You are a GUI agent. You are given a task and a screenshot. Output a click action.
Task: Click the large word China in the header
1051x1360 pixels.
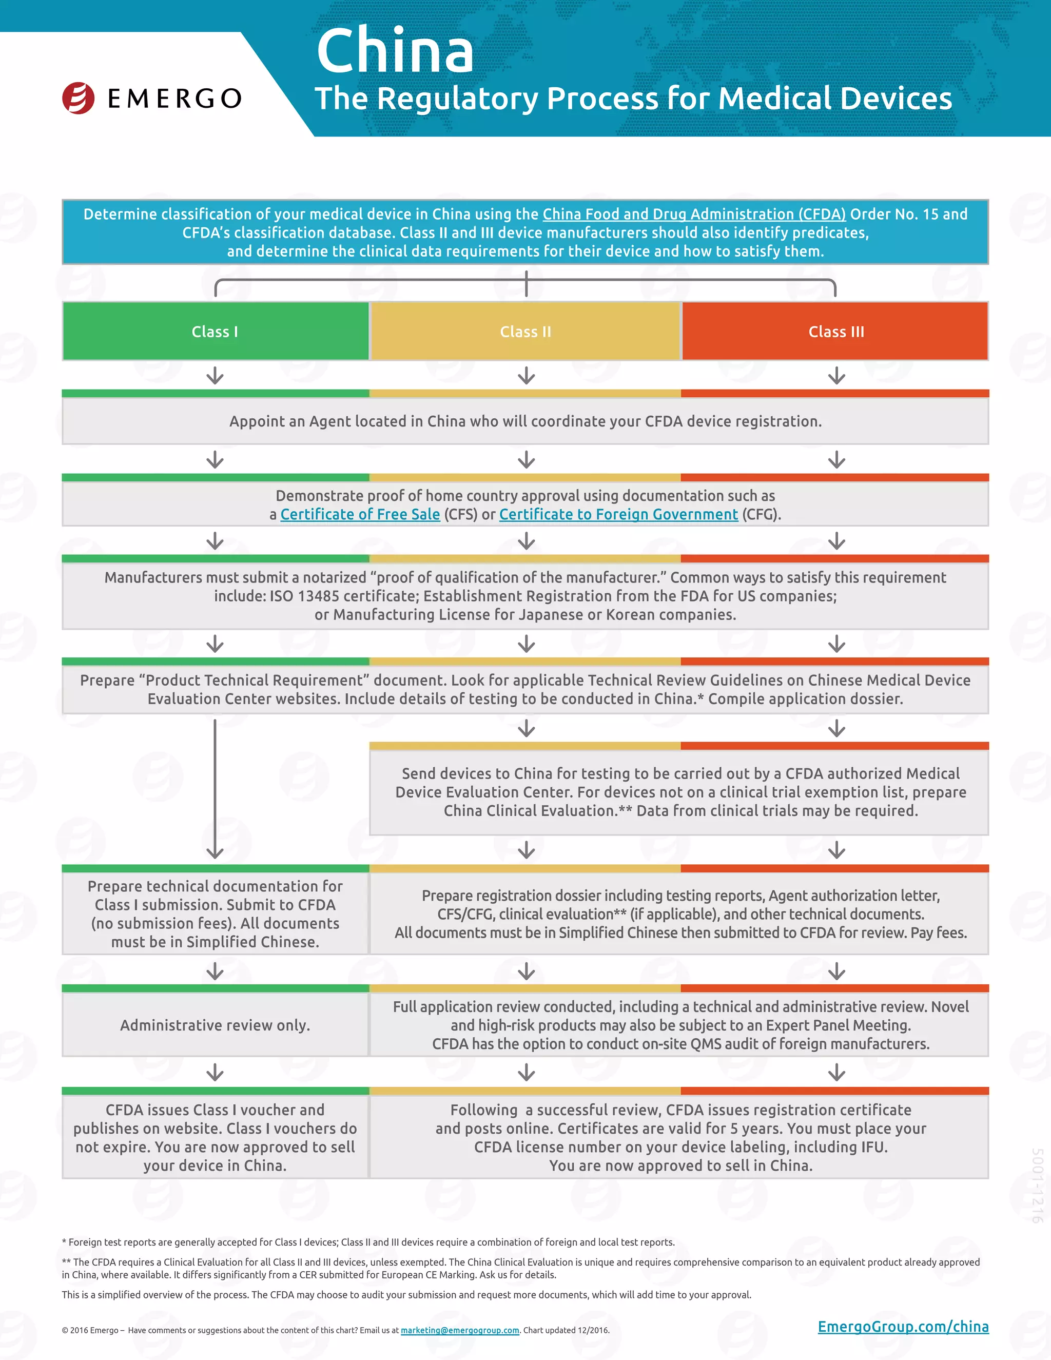pyautogui.click(x=395, y=51)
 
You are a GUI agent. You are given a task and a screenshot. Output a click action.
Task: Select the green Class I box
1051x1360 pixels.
pyautogui.click(x=215, y=332)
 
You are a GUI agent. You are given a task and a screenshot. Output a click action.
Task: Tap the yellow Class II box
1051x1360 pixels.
pyautogui.click(x=525, y=332)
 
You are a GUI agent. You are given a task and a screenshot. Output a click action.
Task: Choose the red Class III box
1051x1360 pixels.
pyautogui.click(x=835, y=332)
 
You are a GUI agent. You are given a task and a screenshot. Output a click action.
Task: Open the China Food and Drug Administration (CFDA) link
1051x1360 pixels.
pyautogui.click(x=694, y=214)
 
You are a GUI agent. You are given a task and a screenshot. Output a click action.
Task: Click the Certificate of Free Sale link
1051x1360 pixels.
pyautogui.click(x=360, y=514)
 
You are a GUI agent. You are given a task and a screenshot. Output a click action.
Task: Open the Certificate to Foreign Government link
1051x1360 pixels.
pyautogui.click(x=618, y=514)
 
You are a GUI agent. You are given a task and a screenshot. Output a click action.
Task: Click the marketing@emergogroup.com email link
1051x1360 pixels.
pyautogui.click(x=459, y=1330)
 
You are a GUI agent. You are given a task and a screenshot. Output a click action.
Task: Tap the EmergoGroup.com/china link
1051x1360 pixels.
pyautogui.click(x=903, y=1326)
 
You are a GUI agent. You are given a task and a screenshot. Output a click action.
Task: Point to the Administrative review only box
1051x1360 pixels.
pyautogui.click(x=215, y=1025)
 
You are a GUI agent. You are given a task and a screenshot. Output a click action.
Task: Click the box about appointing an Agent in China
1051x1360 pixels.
pyautogui.click(x=525, y=421)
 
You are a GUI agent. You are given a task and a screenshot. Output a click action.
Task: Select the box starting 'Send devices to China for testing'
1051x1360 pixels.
pyautogui.click(x=680, y=792)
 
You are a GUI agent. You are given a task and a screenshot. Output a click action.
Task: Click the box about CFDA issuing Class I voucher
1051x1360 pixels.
pyautogui.click(x=215, y=1137)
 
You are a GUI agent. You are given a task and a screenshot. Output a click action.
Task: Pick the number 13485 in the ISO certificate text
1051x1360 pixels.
pyautogui.click(x=318, y=596)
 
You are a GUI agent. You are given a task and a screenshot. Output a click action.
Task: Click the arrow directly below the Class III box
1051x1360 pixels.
pyautogui.click(x=836, y=376)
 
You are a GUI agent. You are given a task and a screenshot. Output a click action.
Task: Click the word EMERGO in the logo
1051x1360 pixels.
pyautogui.click(x=174, y=99)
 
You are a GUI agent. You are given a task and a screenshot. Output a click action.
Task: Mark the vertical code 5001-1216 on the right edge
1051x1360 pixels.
pyautogui.click(x=1037, y=1186)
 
